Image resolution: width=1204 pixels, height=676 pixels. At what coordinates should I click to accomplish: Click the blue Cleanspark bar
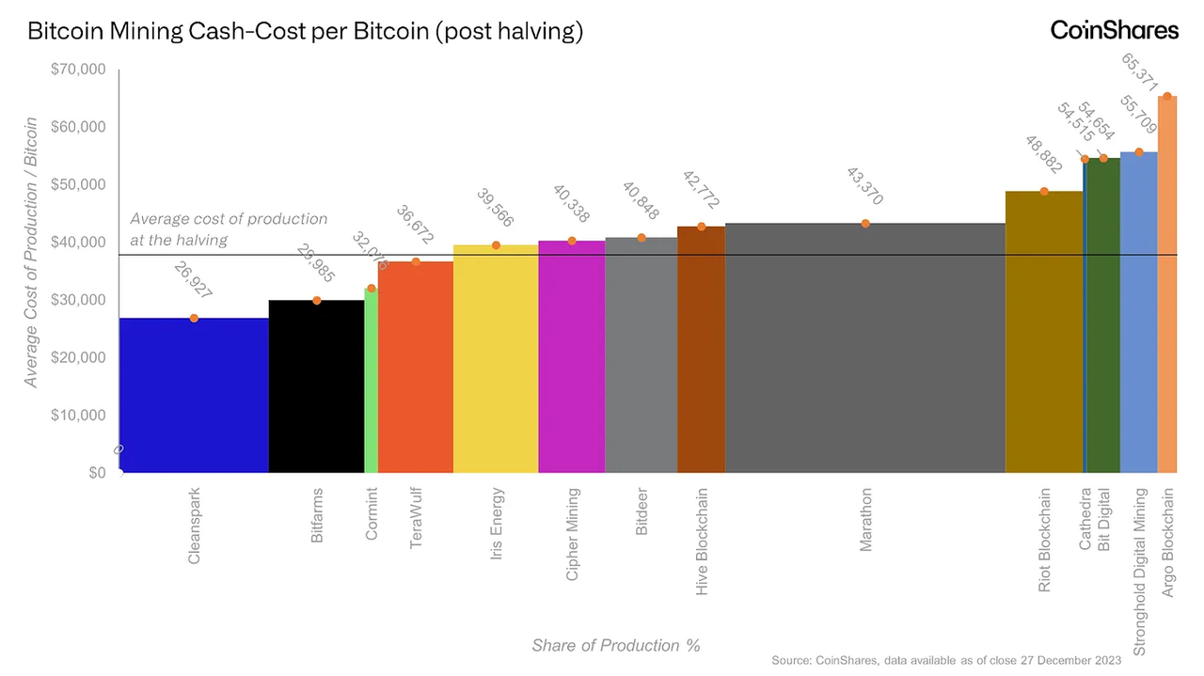(x=194, y=395)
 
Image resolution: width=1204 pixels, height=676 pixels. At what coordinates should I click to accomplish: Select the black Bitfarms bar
(x=316, y=386)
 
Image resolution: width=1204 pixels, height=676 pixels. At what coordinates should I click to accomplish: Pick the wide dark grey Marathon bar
(x=864, y=348)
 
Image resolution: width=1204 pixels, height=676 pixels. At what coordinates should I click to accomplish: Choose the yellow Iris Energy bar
(x=496, y=358)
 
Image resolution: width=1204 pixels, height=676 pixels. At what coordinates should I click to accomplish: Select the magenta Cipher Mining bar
(x=571, y=356)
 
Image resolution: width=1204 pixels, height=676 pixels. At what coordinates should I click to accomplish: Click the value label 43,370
(x=864, y=187)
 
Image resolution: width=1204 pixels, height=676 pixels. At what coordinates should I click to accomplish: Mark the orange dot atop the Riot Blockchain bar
(x=1044, y=191)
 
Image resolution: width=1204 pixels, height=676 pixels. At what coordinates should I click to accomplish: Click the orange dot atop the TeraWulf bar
(x=416, y=261)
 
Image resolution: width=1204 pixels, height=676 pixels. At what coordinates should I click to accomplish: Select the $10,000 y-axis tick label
(x=81, y=416)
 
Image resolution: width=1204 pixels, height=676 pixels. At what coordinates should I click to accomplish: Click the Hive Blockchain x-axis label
(x=702, y=541)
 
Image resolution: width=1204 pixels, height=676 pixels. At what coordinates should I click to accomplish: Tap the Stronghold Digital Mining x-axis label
(x=1140, y=571)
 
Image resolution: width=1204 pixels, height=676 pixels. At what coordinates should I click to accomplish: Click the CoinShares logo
(x=1114, y=30)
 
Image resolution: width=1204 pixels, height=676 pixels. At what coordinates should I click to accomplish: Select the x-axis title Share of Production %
(x=616, y=645)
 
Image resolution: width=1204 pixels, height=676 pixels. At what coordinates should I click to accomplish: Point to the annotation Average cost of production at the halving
(x=229, y=229)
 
